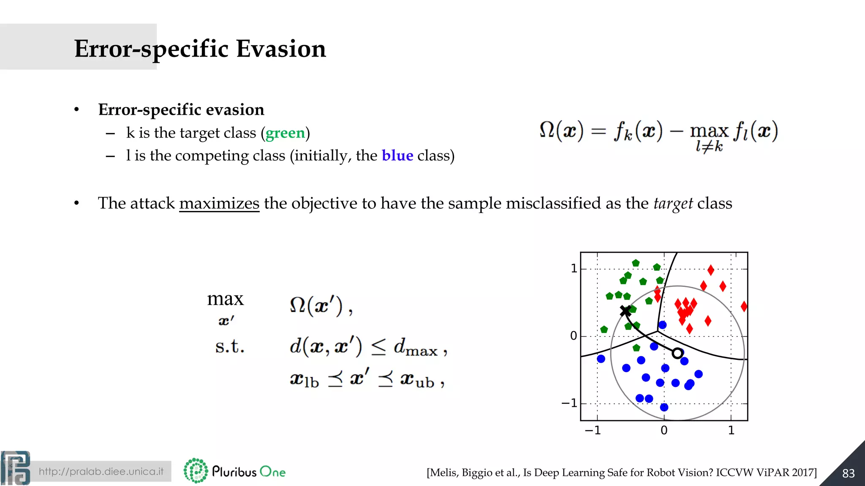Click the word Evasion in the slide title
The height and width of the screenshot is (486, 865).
pos(281,49)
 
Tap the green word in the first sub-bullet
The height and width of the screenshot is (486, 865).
pos(285,133)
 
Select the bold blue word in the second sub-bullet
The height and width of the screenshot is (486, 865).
pos(397,156)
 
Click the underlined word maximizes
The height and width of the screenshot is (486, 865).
pos(219,203)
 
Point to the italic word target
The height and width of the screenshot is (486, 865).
pos(673,204)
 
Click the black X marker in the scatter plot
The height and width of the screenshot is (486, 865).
pos(626,311)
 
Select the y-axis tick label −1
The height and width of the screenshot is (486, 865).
pos(569,404)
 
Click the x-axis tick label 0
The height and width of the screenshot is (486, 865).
pos(664,431)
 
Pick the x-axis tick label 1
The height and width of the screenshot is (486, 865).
pos(731,431)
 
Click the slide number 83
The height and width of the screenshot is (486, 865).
pos(848,473)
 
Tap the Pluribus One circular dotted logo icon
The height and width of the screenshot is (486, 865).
pos(196,471)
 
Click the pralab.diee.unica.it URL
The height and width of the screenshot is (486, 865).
pos(101,472)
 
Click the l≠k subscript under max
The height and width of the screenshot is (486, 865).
pos(709,146)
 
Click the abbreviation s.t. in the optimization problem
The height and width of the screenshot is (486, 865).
pos(229,347)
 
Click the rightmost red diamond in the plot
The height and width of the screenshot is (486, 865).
pos(744,307)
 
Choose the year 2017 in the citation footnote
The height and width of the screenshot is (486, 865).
pos(803,472)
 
